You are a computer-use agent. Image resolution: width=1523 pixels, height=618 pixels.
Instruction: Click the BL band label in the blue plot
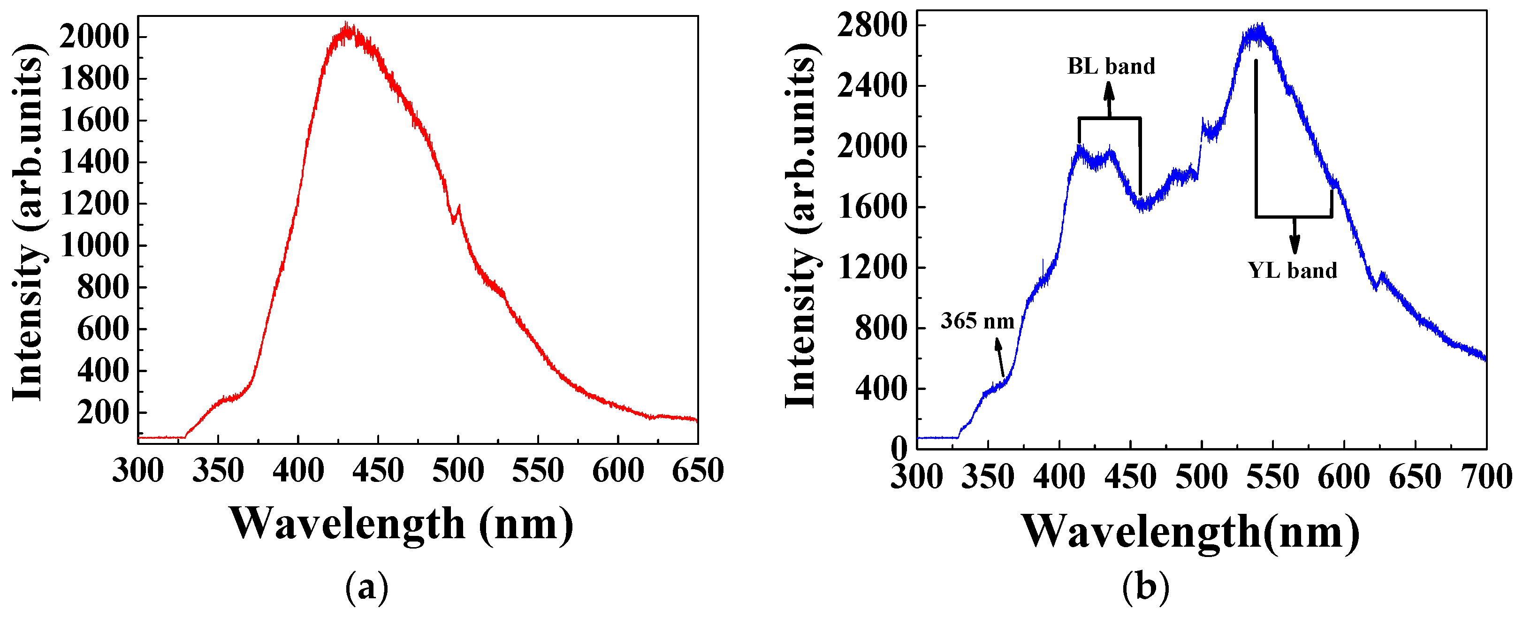tap(1110, 66)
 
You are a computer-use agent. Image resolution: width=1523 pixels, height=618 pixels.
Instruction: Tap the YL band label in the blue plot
tap(1293, 270)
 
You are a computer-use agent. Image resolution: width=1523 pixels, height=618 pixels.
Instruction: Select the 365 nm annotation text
tap(977, 321)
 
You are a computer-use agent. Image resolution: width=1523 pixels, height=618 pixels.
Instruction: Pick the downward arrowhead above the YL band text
tap(1294, 245)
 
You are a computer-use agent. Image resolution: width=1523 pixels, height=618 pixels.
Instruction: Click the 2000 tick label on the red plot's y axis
tap(93, 37)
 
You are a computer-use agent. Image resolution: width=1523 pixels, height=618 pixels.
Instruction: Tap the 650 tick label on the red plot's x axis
tap(698, 471)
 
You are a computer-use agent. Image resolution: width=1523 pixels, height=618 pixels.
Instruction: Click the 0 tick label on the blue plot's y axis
tap(898, 450)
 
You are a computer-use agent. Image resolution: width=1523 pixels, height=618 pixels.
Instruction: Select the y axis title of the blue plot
tap(800, 225)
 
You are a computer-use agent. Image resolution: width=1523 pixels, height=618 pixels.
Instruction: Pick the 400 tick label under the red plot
tap(298, 471)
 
